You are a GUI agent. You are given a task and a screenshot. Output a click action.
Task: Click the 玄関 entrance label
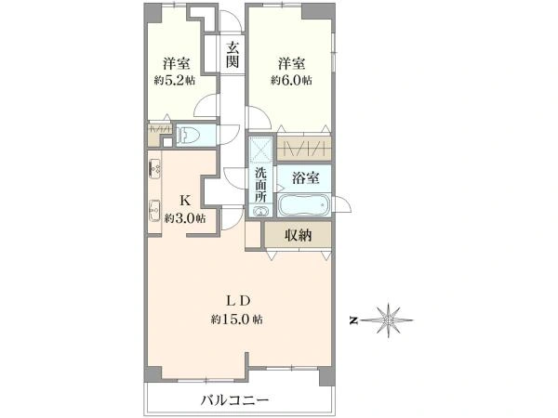pyautogui.click(x=232, y=55)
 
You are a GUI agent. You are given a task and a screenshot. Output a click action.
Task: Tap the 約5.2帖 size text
pyautogui.click(x=176, y=81)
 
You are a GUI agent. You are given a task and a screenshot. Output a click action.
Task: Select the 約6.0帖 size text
pyautogui.click(x=291, y=81)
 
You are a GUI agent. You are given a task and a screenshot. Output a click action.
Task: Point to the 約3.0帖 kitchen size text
pyautogui.click(x=185, y=219)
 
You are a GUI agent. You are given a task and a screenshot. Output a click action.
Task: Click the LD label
pyautogui.click(x=237, y=299)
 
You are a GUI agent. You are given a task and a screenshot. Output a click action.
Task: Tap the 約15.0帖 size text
pyautogui.click(x=236, y=320)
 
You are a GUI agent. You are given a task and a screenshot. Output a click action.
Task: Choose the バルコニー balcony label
pyautogui.click(x=235, y=401)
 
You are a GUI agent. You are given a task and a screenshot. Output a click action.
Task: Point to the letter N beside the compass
pyautogui.click(x=353, y=320)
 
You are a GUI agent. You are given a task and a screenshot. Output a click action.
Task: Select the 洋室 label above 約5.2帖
pyautogui.click(x=176, y=63)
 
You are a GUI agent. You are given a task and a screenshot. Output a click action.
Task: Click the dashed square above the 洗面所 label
pyautogui.click(x=259, y=150)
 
